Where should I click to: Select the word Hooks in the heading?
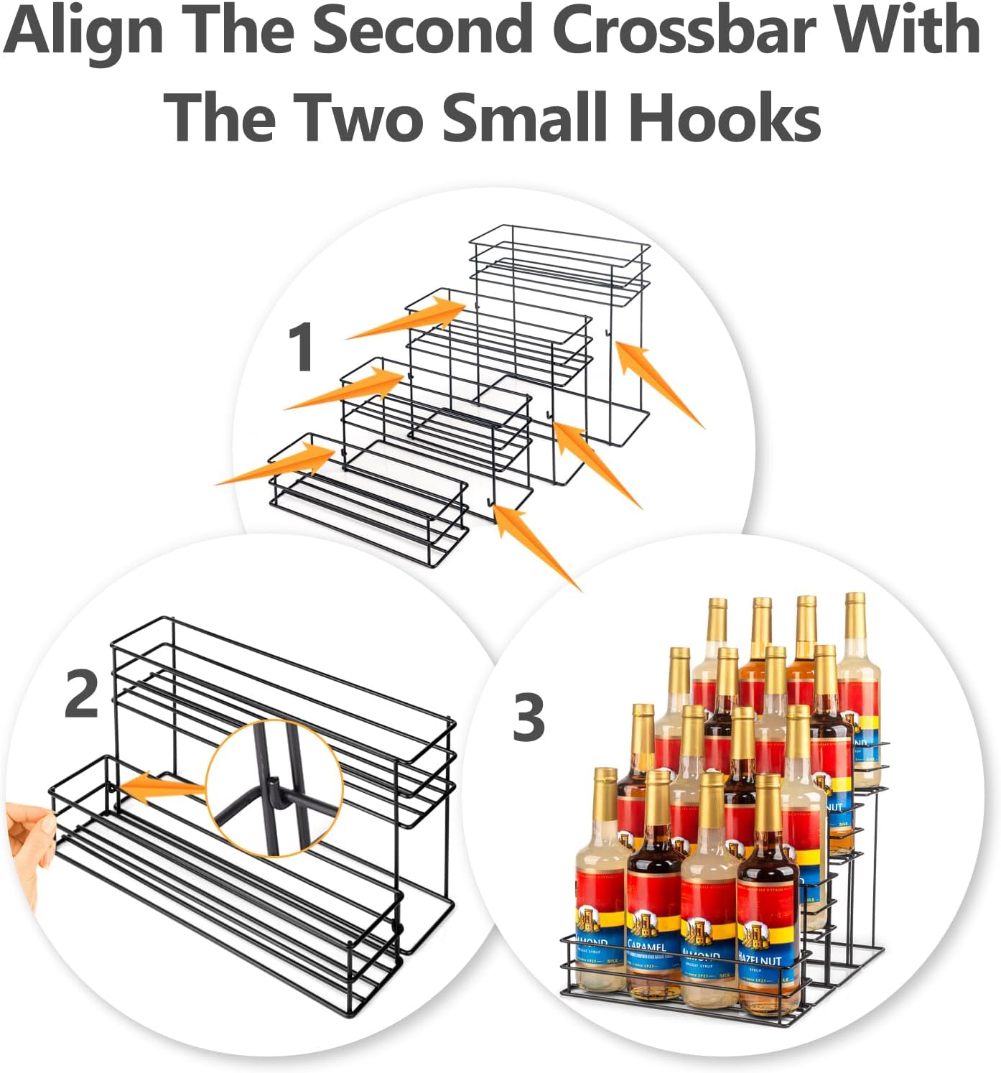pos(724,116)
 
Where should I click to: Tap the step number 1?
pos(301,347)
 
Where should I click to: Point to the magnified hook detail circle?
pos(274,789)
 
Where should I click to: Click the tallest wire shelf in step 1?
pos(560,330)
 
